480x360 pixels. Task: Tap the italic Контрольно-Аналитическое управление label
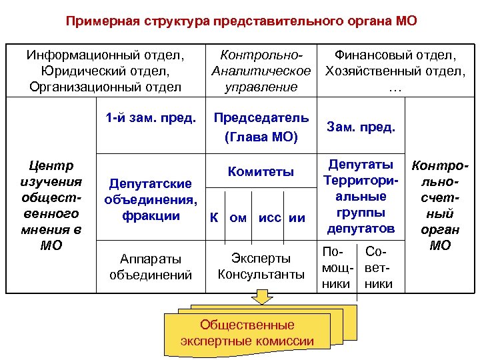[261, 70]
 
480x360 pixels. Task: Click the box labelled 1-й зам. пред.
[150, 119]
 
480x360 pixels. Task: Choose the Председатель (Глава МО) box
[261, 127]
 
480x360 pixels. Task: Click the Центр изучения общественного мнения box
[51, 205]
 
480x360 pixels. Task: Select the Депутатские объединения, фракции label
[151, 199]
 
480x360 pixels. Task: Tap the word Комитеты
[261, 171]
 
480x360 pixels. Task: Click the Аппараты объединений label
[151, 266]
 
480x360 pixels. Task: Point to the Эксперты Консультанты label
[261, 265]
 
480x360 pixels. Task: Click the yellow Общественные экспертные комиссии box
[247, 333]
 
